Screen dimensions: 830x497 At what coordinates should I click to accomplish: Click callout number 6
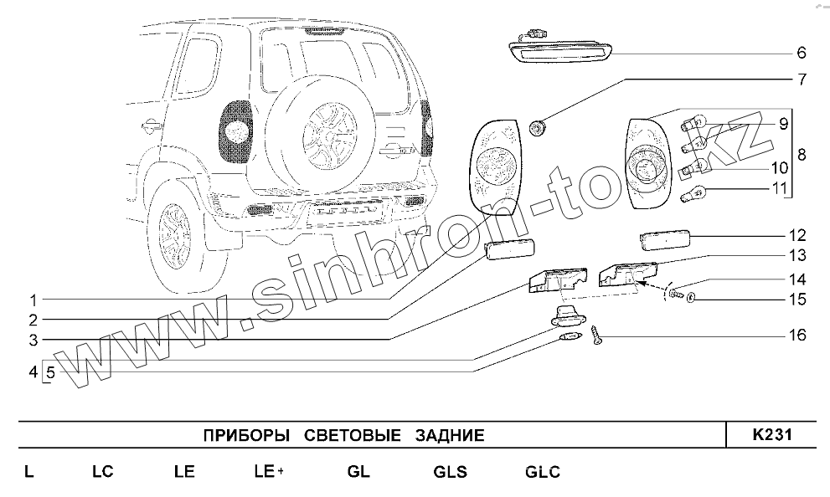[801, 53]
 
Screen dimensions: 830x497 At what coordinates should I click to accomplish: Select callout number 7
[801, 80]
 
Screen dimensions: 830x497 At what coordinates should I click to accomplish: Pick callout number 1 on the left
[33, 300]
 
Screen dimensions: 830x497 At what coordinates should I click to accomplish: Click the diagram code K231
[771, 435]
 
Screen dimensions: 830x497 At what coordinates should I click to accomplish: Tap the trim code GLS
[451, 472]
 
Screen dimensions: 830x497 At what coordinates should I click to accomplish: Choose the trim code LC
[102, 472]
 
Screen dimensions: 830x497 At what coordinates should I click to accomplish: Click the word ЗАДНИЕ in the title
[449, 436]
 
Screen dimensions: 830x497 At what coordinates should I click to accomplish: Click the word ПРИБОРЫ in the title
[246, 436]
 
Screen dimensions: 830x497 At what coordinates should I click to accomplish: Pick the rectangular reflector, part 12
[664, 239]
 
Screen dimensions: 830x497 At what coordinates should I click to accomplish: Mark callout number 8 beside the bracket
[802, 155]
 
